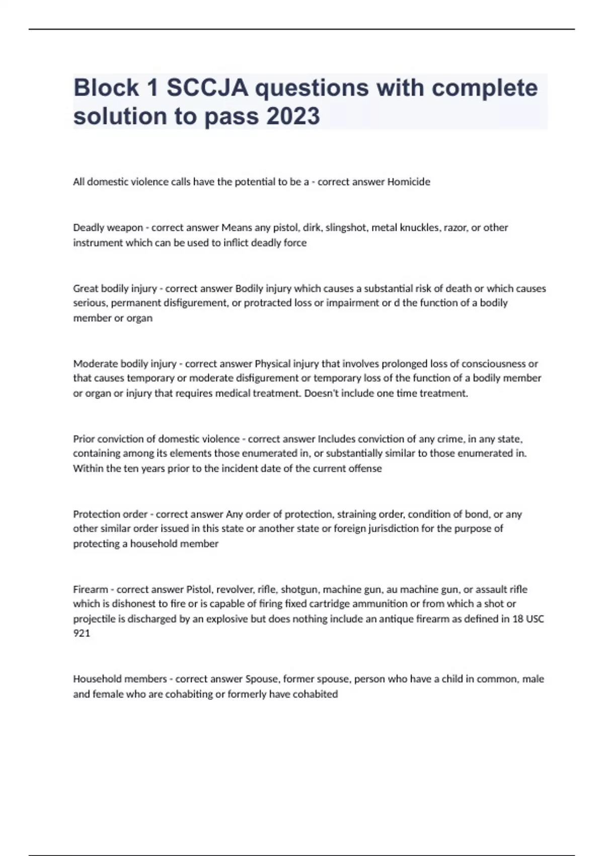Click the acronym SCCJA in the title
click(207, 88)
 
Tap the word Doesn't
click(322, 393)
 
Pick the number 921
click(82, 633)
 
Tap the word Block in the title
click(106, 88)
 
